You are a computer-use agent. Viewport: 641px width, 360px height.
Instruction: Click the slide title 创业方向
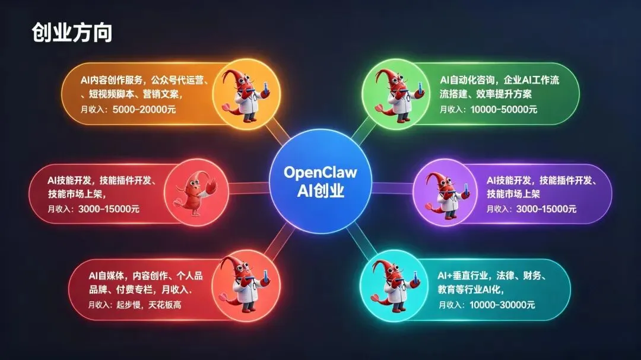pyautogui.click(x=72, y=33)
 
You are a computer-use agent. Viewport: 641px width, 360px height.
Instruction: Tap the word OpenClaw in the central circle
pyautogui.click(x=320, y=172)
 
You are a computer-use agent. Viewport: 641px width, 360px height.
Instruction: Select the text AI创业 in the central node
pyautogui.click(x=320, y=192)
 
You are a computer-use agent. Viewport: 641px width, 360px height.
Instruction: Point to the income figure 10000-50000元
pyautogui.click(x=503, y=109)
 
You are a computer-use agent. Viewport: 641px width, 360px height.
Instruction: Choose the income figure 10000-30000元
pyautogui.click(x=502, y=305)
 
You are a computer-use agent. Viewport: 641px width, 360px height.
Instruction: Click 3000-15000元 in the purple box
pyautogui.click(x=546, y=209)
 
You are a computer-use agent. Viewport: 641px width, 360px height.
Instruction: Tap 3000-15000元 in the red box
pyautogui.click(x=109, y=209)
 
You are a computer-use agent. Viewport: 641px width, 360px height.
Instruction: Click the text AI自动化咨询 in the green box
pyautogui.click(x=469, y=79)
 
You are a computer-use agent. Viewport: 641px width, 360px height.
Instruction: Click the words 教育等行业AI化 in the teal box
pyautogui.click(x=471, y=290)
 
